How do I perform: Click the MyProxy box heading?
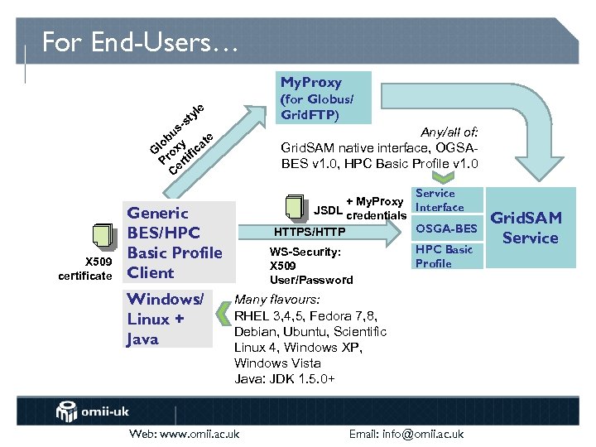pos(310,82)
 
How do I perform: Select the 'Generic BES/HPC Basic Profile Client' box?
pos(174,243)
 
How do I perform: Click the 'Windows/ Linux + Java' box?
pos(166,319)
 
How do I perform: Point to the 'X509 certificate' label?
pos(84,268)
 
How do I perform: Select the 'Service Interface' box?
pos(440,200)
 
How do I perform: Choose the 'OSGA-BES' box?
pos(446,228)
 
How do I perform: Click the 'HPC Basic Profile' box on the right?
pos(445,257)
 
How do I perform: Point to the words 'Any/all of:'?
pos(449,131)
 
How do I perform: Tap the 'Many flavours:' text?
pos(277,300)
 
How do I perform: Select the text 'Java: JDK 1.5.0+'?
pos(284,378)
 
